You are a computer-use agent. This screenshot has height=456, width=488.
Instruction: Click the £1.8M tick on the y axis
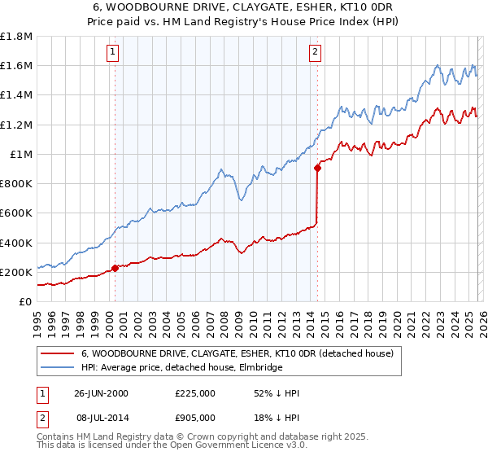pos(16,37)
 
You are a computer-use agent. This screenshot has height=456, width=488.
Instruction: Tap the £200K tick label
pos(16,272)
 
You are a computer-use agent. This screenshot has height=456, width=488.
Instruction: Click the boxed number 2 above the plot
pos(315,53)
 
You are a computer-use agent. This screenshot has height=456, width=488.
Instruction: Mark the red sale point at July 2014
pos(316,169)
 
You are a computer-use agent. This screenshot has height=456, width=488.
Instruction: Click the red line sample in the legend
pos(58,353)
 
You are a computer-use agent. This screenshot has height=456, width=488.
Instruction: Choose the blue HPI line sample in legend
pos(58,368)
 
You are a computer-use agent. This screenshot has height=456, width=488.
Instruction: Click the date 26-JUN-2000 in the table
pos(102,393)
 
